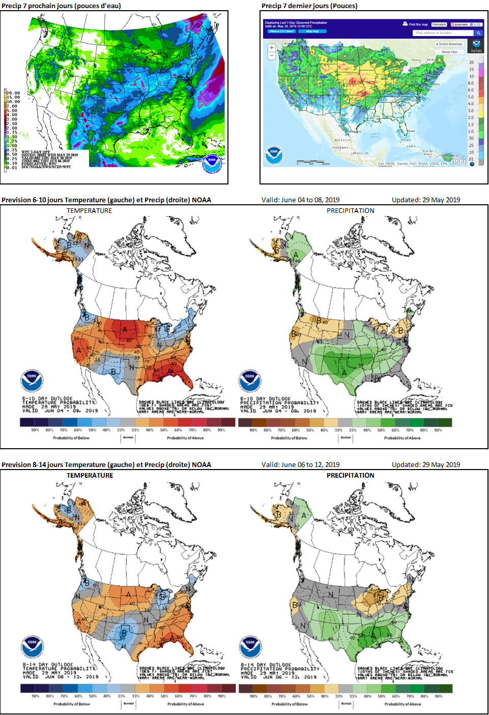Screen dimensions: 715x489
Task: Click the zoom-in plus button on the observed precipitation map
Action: [272, 48]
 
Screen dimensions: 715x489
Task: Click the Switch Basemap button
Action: [449, 44]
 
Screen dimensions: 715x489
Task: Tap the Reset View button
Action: [449, 52]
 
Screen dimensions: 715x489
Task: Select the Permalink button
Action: [439, 24]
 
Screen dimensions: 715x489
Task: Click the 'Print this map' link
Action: [416, 24]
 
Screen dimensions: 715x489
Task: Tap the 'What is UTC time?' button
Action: [281, 32]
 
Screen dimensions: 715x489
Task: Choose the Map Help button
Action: [312, 32]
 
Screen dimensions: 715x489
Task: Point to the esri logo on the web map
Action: [457, 161]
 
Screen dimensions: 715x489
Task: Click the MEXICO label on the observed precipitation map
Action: [342, 140]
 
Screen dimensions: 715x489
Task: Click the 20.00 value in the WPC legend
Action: [13, 93]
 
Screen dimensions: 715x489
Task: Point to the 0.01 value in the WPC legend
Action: [12, 168]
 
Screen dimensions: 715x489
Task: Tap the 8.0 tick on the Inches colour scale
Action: [471, 83]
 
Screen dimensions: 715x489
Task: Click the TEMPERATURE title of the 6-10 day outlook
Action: [89, 211]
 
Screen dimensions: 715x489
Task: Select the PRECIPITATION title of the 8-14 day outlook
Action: [350, 476]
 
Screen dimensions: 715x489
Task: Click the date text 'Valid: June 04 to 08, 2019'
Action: [300, 200]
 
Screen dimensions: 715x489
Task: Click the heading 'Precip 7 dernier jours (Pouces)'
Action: [309, 6]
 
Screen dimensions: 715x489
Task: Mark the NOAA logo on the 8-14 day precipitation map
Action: [250, 646]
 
